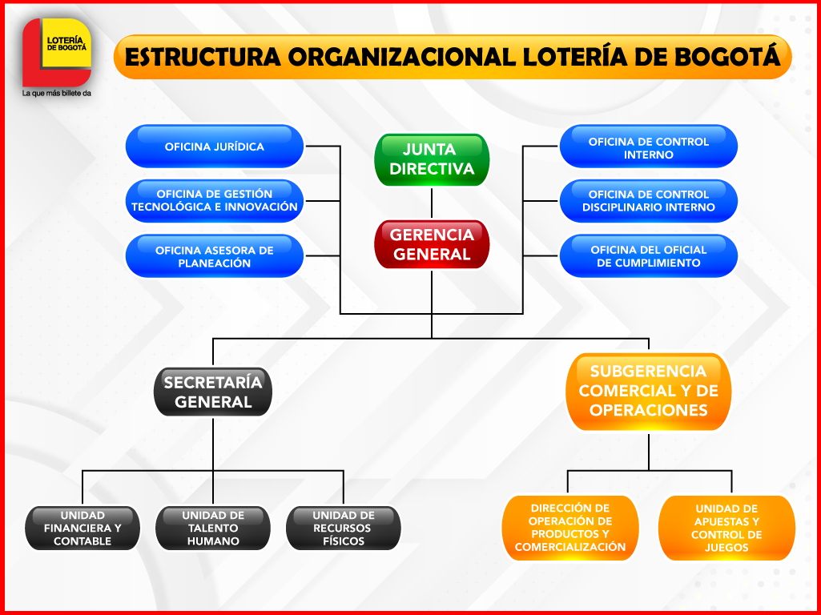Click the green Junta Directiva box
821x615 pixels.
(432, 159)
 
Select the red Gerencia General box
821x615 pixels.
(432, 244)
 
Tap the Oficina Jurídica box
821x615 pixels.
(215, 147)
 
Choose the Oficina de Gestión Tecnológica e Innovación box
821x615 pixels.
(215, 200)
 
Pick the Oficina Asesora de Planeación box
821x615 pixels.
(215, 256)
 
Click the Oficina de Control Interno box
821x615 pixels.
(648, 147)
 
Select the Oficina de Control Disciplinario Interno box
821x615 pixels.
(648, 200)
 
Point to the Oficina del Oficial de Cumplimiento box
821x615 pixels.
(648, 256)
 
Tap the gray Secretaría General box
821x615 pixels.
(213, 392)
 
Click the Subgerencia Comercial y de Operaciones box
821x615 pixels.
(649, 391)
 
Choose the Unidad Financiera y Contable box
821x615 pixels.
(83, 529)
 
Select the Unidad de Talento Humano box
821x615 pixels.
(213, 529)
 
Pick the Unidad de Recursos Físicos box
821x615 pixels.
(344, 529)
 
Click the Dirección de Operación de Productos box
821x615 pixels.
(569, 529)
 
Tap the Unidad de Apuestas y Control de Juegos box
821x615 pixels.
(726, 529)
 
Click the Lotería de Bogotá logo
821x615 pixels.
(57, 52)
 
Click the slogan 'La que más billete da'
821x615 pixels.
(57, 94)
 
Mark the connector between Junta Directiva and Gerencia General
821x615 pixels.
(432, 203)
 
